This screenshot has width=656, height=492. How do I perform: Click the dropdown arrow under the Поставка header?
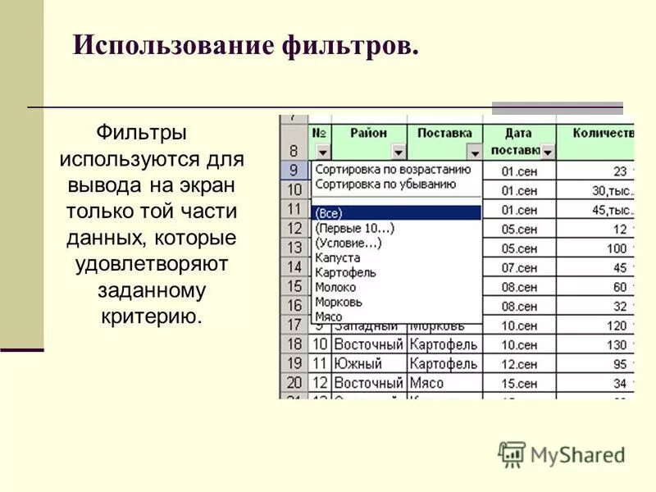pos(474,152)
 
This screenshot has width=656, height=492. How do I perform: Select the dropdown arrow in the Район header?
pos(398,152)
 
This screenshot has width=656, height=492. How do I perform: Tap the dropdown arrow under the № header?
pos(322,152)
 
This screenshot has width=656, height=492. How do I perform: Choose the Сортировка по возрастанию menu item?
pos(393,170)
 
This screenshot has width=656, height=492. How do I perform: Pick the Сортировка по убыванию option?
pos(385,184)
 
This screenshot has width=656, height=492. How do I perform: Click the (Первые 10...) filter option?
pos(354,228)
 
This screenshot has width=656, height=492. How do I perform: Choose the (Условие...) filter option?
pos(348,243)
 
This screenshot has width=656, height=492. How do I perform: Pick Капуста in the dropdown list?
pos(337,257)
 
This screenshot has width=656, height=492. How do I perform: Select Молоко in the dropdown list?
pos(335,287)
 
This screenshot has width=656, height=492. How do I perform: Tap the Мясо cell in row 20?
pos(426,383)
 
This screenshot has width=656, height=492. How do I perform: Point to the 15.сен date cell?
pos(519,383)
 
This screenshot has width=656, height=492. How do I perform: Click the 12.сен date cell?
pos(519,363)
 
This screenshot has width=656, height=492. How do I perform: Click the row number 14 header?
pos(294,266)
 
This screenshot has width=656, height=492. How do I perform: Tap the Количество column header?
pos(603,133)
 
